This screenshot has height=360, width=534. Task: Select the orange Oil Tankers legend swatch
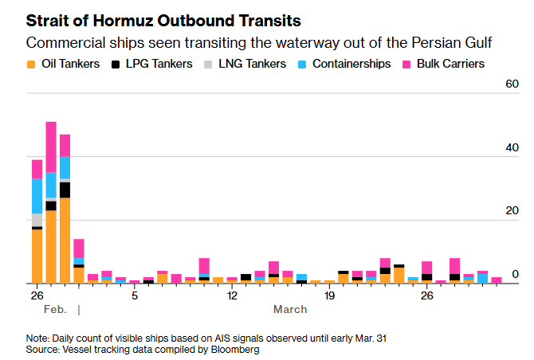pyautogui.click(x=30, y=64)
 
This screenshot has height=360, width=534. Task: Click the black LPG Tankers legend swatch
pyautogui.click(x=116, y=64)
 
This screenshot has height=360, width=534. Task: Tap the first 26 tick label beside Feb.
pyautogui.click(x=37, y=296)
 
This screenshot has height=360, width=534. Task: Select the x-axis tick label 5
pyautogui.click(x=135, y=296)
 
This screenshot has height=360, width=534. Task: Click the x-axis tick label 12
pyautogui.click(x=232, y=296)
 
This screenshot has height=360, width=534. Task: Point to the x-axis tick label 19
pyautogui.click(x=330, y=296)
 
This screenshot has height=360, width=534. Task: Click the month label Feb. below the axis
pyautogui.click(x=55, y=309)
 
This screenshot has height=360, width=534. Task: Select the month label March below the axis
pyautogui.click(x=290, y=309)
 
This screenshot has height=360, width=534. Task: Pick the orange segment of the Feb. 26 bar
pyautogui.click(x=37, y=256)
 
